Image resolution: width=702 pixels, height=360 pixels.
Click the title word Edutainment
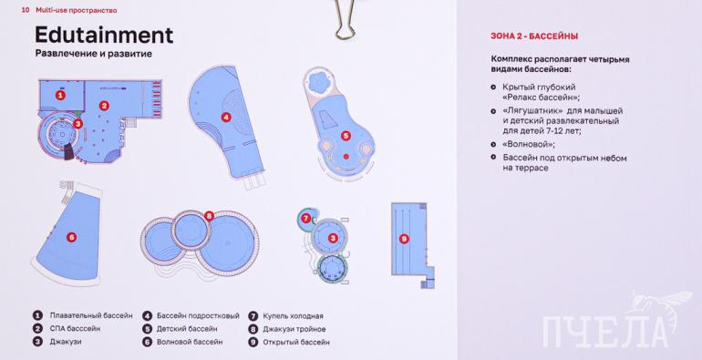point(104,35)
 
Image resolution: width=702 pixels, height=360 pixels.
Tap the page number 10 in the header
point(26,10)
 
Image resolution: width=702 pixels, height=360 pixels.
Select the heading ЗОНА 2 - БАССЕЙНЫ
point(534,36)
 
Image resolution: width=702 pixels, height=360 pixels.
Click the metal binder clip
point(345,19)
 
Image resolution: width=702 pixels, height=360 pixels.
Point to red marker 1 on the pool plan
point(60,95)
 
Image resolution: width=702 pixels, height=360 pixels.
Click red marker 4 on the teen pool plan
point(226,118)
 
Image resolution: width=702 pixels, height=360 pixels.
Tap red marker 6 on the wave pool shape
point(71,237)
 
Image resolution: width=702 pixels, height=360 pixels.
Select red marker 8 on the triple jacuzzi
point(209,216)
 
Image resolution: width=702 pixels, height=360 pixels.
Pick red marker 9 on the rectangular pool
point(404,239)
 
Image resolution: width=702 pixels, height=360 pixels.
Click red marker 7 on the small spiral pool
point(305,219)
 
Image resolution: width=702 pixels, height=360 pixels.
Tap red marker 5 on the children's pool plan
point(346,136)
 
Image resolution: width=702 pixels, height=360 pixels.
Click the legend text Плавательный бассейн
point(91,315)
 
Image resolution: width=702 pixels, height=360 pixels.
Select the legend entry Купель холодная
point(293,316)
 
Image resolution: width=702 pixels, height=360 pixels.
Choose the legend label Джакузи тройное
point(294,329)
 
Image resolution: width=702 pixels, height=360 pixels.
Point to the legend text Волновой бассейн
point(190,342)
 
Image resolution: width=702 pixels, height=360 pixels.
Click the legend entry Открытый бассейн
point(296,343)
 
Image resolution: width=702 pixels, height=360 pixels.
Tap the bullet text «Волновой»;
point(529,145)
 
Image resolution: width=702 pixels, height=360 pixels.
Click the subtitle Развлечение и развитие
point(94,54)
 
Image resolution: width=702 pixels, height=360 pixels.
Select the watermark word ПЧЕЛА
point(605,332)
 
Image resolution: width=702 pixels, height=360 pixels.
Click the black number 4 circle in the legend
point(148,315)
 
